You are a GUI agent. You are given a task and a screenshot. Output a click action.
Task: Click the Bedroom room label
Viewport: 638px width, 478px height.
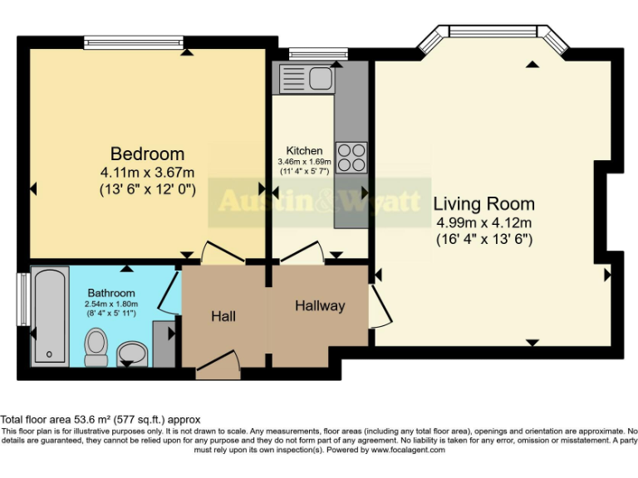tap(148, 154)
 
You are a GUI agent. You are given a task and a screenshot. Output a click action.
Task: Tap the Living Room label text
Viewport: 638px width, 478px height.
tap(483, 204)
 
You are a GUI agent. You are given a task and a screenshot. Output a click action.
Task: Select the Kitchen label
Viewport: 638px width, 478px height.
tap(305, 150)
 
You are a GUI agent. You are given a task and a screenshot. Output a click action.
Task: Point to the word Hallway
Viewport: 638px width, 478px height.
tap(320, 306)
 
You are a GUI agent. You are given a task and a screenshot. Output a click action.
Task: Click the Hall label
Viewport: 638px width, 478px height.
tap(223, 316)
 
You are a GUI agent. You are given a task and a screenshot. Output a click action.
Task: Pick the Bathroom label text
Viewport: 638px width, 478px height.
tap(111, 293)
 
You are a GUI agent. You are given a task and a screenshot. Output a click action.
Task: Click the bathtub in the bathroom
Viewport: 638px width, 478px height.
tap(50, 315)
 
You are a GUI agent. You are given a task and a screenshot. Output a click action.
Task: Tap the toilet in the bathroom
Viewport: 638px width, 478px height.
tap(96, 348)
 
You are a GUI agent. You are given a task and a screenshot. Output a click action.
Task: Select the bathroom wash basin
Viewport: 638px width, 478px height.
tap(131, 354)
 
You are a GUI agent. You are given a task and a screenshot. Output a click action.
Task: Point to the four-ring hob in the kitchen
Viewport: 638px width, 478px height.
tap(351, 157)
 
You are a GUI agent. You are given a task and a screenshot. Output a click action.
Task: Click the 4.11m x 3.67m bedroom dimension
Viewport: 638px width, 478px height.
tap(148, 173)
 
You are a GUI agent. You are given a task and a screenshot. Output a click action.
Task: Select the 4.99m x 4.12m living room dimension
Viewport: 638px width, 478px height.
tap(483, 222)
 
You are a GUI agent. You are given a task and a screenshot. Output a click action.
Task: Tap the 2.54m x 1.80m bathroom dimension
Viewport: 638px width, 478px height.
tap(111, 305)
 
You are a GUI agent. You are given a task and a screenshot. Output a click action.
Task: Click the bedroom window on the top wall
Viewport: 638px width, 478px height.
tap(134, 41)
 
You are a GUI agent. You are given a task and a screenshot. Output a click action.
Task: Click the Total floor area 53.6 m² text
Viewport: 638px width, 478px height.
tap(100, 420)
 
